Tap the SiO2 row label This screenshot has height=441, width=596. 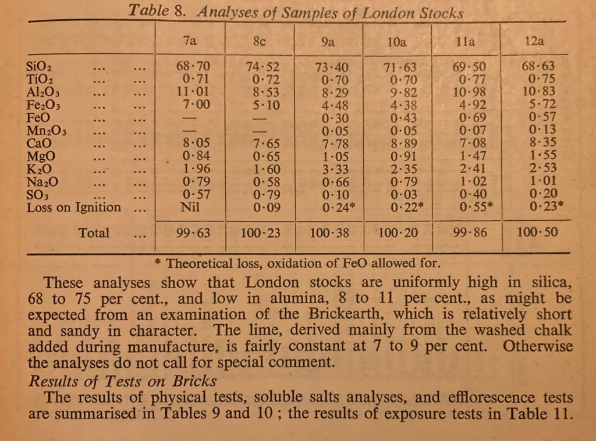point(40,67)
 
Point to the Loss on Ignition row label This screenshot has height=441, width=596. point(74,207)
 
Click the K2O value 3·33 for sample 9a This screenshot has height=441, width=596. point(329,170)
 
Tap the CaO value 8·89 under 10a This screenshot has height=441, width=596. point(400,144)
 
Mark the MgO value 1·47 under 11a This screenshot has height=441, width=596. point(468,157)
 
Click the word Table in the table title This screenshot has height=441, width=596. point(146,11)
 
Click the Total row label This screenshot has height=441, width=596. point(94,233)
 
